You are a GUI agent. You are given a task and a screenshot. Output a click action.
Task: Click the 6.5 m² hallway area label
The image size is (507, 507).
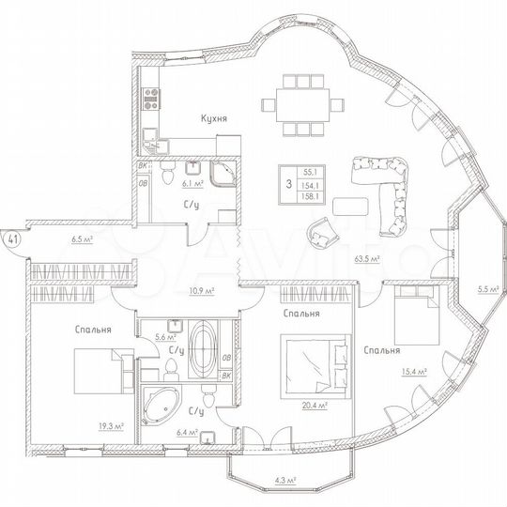pyautogui.click(x=81, y=239)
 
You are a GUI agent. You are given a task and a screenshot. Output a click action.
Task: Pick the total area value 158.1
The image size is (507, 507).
pyautogui.click(x=309, y=197)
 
